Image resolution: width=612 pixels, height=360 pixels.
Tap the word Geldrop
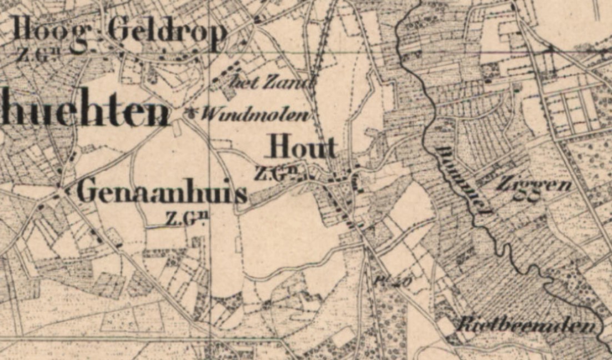167,32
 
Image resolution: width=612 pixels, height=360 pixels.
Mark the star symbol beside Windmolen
193,114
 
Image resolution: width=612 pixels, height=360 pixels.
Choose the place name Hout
303,148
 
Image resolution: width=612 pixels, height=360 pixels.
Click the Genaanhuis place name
161,192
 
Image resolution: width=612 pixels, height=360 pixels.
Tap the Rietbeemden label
525,326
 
